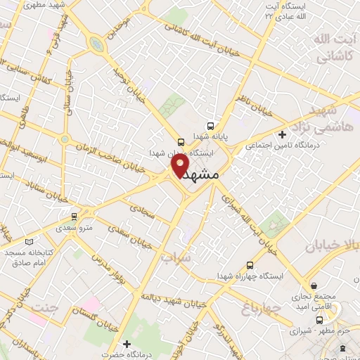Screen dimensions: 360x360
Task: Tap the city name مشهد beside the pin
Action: pos(206,174)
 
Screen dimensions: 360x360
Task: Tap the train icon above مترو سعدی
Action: pos(75,217)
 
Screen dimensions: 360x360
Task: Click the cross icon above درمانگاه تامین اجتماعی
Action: pos(282,134)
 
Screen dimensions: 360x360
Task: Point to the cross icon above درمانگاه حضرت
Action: pos(126,344)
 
